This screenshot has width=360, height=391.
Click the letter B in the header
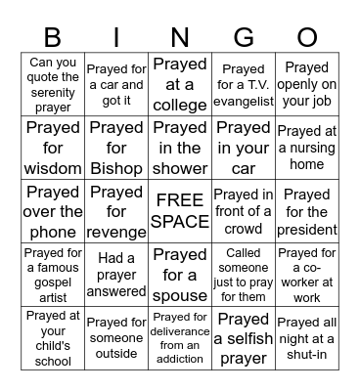[x=53, y=36]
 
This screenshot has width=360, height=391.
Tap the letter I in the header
[x=116, y=36]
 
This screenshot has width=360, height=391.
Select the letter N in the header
[x=180, y=36]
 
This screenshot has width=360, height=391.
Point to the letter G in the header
[x=244, y=36]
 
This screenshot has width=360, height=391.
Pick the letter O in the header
[x=307, y=36]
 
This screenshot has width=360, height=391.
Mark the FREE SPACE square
[x=180, y=211]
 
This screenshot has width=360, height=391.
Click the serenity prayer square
[x=53, y=85]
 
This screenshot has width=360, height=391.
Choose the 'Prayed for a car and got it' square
[x=116, y=85]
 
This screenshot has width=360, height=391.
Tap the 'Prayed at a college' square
[x=180, y=85]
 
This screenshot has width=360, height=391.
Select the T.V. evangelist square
[x=244, y=85]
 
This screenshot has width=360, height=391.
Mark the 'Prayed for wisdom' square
[x=53, y=148]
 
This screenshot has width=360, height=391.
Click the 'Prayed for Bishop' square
[x=116, y=148]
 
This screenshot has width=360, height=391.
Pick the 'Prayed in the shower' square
[x=180, y=148]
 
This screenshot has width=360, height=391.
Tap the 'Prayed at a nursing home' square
[x=307, y=148]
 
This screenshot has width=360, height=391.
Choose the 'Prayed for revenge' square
[x=116, y=211]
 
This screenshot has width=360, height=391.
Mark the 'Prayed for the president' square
[x=307, y=211]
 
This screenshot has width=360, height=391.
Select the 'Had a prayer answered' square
[x=116, y=275]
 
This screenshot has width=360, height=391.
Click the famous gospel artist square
[x=53, y=275]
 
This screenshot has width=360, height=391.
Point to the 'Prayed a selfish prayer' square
[x=244, y=338]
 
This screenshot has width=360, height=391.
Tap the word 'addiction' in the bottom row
[x=180, y=359]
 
